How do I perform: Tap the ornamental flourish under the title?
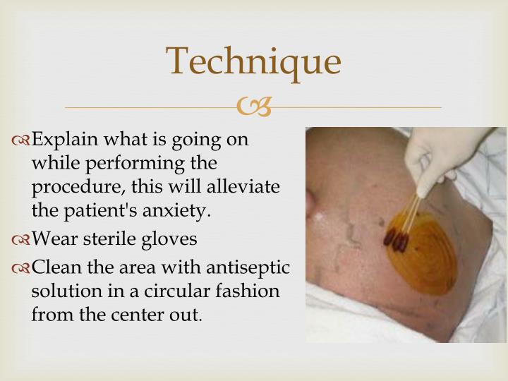(x=254, y=107)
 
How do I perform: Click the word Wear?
(x=54, y=239)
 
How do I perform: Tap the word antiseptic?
(x=248, y=268)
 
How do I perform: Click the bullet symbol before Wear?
(x=21, y=241)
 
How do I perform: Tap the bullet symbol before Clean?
(x=21, y=269)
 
